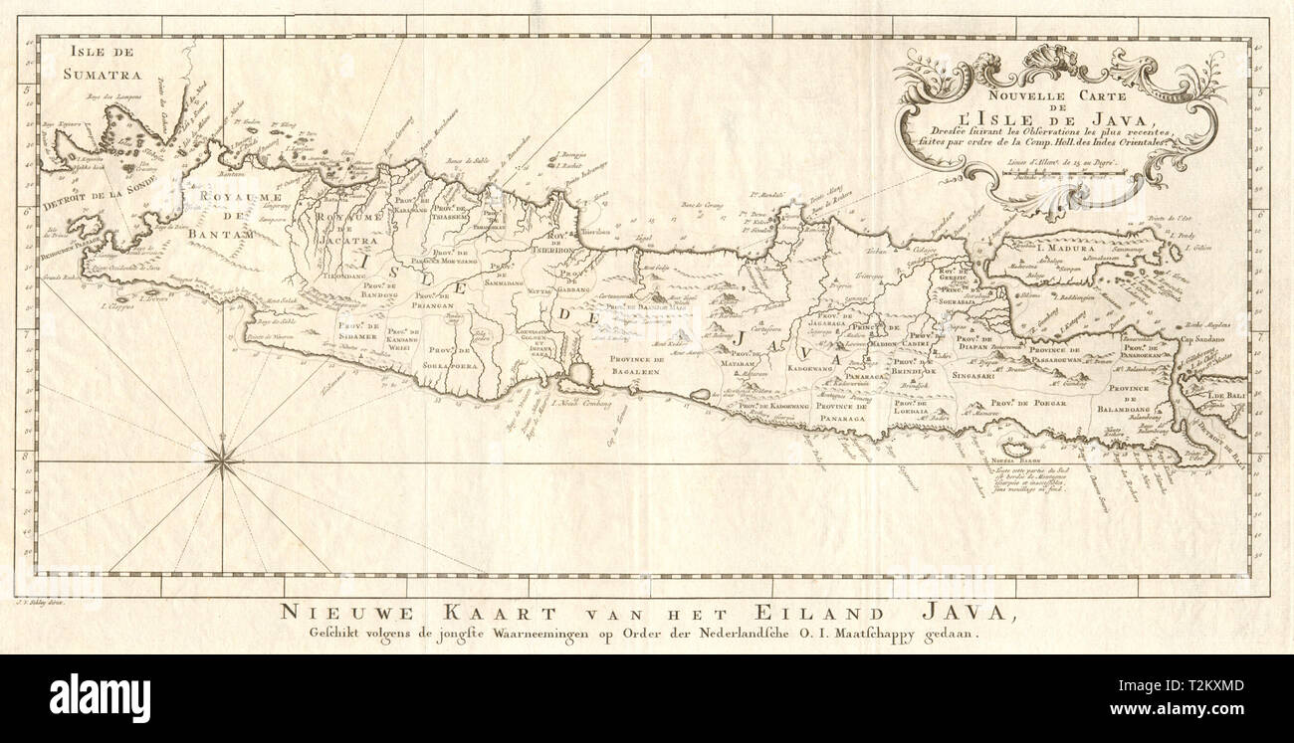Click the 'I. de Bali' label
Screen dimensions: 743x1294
click(x=1225, y=396)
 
